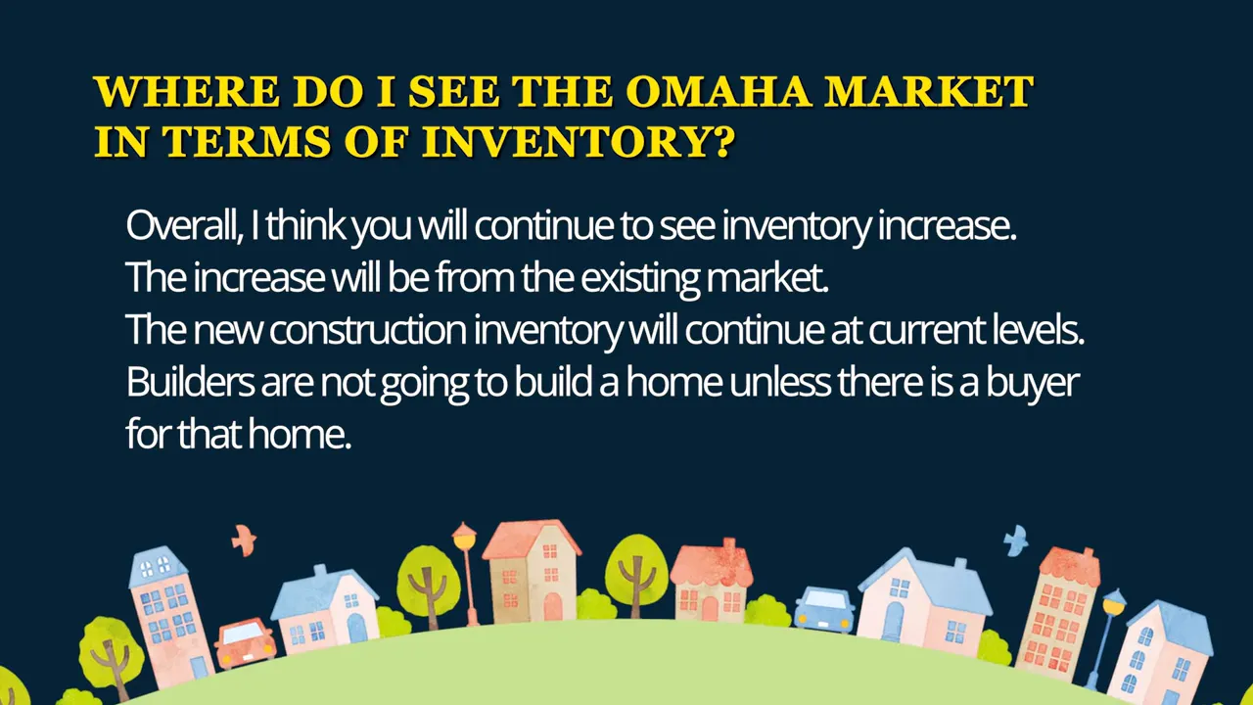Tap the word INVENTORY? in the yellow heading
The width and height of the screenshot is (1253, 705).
pyautogui.click(x=579, y=143)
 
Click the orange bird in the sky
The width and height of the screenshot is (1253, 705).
pyautogui.click(x=243, y=538)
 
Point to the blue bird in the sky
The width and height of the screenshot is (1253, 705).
pyautogui.click(x=1015, y=540)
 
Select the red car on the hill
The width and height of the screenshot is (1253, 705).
pyautogui.click(x=245, y=642)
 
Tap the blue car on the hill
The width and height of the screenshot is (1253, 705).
pyautogui.click(x=822, y=609)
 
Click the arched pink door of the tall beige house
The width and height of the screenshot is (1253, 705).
pyautogui.click(x=553, y=606)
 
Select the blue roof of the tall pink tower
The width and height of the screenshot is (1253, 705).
pyautogui.click(x=158, y=562)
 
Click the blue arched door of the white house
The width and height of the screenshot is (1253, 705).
pyautogui.click(x=894, y=619)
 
